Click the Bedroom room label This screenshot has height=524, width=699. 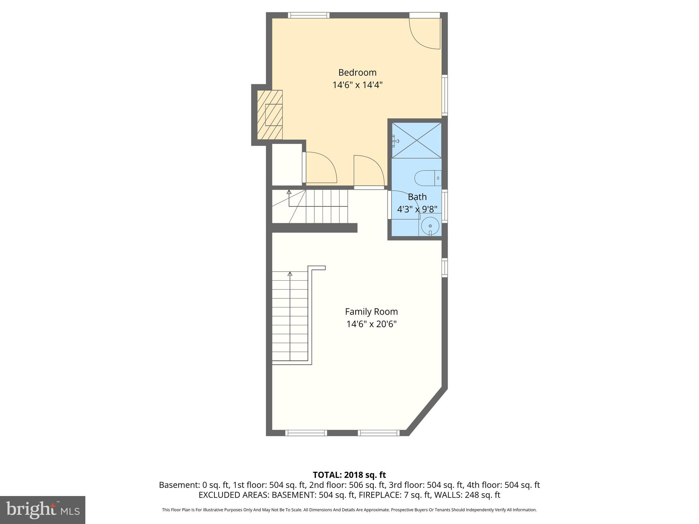(x=357, y=73)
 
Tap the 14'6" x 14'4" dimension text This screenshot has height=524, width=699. (x=357, y=85)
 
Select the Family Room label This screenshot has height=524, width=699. (x=371, y=312)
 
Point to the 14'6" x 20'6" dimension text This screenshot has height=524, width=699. (x=371, y=324)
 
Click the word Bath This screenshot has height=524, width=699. (x=417, y=197)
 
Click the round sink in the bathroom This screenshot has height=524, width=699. (x=430, y=226)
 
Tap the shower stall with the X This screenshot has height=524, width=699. (x=416, y=140)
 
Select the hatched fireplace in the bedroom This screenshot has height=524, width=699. (x=270, y=115)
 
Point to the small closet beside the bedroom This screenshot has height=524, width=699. (x=287, y=164)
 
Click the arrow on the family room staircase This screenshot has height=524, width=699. (x=290, y=274)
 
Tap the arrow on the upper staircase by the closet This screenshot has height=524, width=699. (x=289, y=192)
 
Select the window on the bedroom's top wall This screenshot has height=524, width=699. (x=309, y=15)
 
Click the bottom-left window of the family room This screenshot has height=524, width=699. (x=306, y=433)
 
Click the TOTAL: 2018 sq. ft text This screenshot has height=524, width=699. (x=349, y=475)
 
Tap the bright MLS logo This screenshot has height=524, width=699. (x=43, y=510)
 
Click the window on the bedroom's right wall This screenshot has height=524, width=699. (x=445, y=95)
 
